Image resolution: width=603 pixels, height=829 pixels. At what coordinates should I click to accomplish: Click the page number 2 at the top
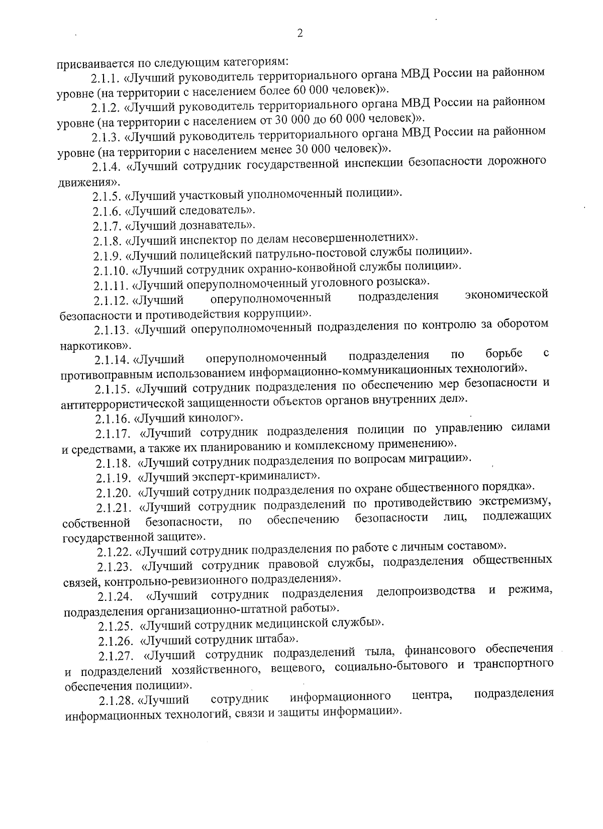click(x=300, y=34)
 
